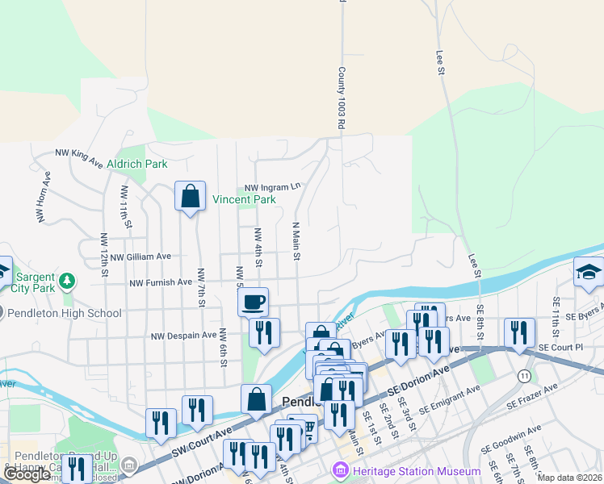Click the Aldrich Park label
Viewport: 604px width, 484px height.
(142, 164)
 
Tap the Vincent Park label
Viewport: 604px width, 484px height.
(244, 199)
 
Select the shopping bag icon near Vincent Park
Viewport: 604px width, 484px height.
(190, 195)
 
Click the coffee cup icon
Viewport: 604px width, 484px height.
(254, 302)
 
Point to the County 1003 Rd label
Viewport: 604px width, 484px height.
(342, 99)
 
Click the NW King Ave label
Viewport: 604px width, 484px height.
(79, 156)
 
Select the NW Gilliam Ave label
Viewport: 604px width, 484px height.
(141, 257)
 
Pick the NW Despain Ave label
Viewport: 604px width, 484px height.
(185, 334)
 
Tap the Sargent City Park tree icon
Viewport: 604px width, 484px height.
(68, 282)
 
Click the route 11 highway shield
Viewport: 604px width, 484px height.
(525, 376)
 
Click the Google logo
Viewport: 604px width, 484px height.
(27, 475)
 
